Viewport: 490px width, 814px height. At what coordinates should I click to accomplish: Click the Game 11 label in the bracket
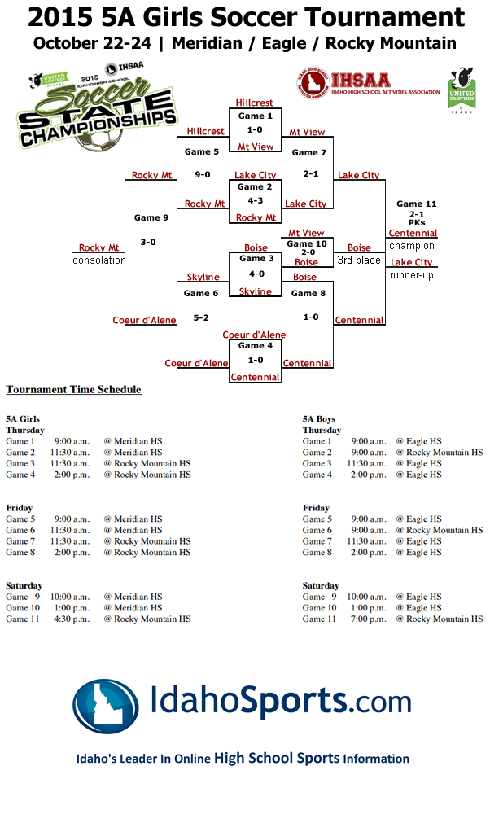416,203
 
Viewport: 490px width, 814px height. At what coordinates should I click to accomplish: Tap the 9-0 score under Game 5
202,174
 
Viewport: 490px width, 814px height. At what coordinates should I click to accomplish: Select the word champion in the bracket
411,245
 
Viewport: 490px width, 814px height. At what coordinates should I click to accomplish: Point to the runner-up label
411,274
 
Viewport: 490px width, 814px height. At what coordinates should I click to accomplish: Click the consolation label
99,260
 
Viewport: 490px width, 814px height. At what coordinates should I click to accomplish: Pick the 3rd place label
359,260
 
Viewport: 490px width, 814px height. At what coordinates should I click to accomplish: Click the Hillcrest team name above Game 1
254,103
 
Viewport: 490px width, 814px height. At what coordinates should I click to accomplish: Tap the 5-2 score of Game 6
202,317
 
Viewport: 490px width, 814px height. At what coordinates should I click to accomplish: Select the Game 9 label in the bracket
151,217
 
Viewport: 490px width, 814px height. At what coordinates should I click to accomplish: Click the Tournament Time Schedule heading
73,390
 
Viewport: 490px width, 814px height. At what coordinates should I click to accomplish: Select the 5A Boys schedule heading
319,419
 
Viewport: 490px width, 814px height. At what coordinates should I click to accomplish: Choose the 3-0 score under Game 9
148,242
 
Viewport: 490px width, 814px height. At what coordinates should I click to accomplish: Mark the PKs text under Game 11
416,222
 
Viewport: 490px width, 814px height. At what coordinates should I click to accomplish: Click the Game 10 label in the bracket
306,243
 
